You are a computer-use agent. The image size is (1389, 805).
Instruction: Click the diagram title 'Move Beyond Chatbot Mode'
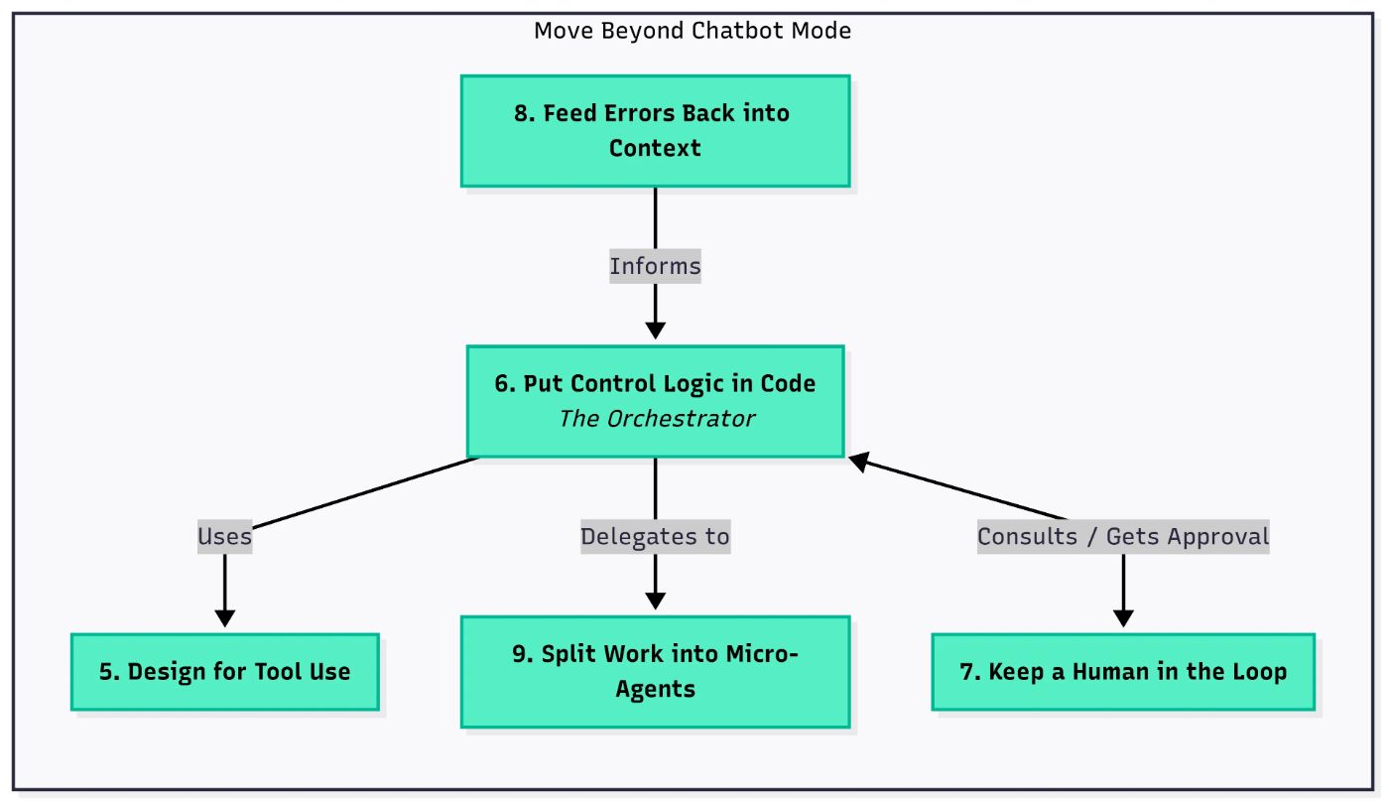click(x=693, y=31)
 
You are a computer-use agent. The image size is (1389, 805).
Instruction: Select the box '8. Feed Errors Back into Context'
click(x=656, y=131)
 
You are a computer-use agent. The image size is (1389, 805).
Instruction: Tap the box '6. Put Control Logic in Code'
click(x=656, y=401)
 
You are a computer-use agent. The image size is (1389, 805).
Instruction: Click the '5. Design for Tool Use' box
click(x=225, y=672)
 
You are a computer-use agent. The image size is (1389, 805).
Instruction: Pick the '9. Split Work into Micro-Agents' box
click(x=656, y=672)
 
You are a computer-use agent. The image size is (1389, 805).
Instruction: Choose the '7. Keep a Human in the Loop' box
click(x=1123, y=672)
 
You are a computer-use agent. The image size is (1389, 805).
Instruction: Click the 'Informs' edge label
click(x=656, y=266)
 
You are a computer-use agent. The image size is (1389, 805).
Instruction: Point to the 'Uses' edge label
click(x=225, y=536)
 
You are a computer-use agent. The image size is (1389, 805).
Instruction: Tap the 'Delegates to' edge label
click(x=656, y=536)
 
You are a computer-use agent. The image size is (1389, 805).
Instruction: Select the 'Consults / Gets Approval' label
click(x=1123, y=536)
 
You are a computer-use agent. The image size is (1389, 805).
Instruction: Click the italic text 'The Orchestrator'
click(x=657, y=419)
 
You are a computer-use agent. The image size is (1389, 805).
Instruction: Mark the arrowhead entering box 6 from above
click(x=656, y=331)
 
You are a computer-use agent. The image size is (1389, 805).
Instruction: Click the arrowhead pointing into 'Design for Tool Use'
click(x=225, y=618)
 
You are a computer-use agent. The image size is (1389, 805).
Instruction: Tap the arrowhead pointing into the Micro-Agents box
click(x=656, y=601)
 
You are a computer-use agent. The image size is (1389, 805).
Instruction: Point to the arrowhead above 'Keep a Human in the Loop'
click(x=1123, y=618)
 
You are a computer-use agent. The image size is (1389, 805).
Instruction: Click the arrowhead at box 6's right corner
click(x=858, y=462)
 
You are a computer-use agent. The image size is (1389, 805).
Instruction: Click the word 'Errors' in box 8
click(x=640, y=113)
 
